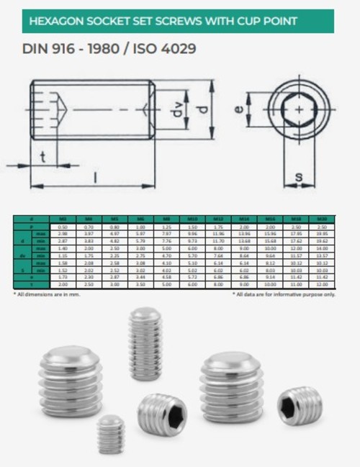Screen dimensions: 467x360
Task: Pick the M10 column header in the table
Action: [192, 217]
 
